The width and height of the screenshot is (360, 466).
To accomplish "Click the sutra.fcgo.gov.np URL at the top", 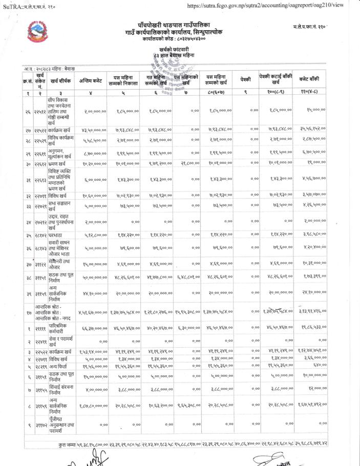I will point(265,5).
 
